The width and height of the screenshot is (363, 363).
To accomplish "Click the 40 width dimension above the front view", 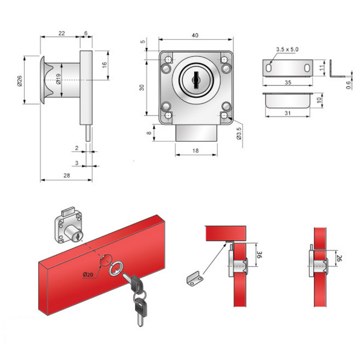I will [x=195, y=36].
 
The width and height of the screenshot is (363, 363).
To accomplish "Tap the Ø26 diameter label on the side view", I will [x=19, y=80].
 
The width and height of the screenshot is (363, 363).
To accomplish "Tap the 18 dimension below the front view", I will [x=196, y=149].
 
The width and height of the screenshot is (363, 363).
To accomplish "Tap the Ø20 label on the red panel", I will [x=90, y=275].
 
